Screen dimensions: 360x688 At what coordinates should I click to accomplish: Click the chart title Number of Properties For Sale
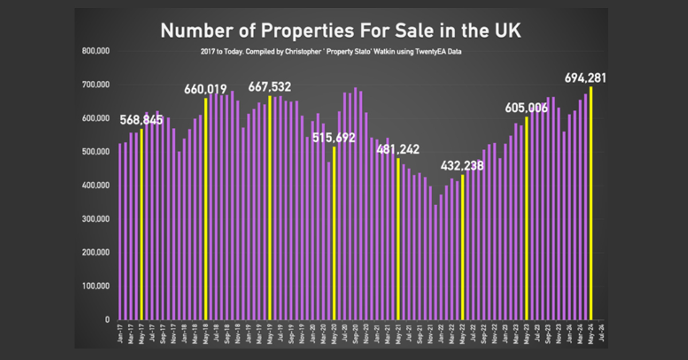click(x=341, y=30)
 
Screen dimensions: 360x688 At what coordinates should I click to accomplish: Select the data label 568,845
click(x=142, y=120)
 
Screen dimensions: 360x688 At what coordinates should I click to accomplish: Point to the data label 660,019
click(x=205, y=89)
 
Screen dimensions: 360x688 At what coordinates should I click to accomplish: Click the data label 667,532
click(x=269, y=87)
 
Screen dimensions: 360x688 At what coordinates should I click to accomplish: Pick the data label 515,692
click(x=334, y=138)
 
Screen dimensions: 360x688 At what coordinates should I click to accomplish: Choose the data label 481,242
click(x=398, y=150)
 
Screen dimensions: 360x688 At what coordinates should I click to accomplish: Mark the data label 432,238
click(x=462, y=166)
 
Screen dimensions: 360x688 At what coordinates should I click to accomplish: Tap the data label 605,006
click(x=526, y=108)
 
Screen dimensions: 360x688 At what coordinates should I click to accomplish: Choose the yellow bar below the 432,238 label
click(x=462, y=246)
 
